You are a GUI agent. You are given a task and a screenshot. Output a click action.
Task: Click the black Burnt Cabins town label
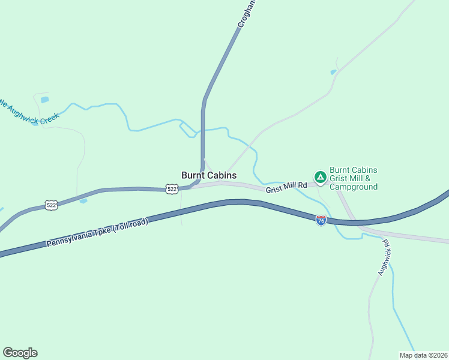(209, 175)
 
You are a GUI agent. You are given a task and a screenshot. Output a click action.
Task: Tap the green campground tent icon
(320, 176)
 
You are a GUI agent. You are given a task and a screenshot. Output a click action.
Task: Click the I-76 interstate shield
(321, 220)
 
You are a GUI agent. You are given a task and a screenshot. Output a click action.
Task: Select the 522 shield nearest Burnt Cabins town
(172, 189)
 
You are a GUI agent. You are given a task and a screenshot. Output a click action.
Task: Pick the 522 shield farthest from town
(52, 206)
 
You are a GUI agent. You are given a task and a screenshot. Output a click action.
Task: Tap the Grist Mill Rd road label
(286, 187)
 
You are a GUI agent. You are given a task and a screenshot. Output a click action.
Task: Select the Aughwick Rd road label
(384, 258)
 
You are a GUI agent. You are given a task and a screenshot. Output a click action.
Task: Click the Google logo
(20, 353)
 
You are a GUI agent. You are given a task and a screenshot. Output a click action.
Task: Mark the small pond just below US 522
(83, 201)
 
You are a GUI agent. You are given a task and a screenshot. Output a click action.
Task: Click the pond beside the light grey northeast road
(333, 73)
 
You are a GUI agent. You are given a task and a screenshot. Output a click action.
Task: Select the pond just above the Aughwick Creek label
(44, 100)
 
